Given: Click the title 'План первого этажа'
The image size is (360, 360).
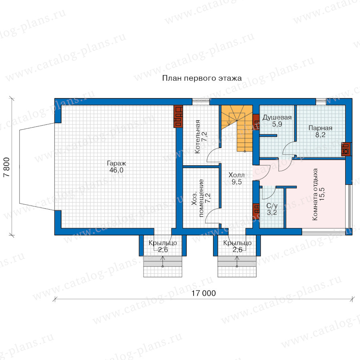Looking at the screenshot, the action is (202, 78).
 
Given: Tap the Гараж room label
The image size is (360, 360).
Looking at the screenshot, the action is (116, 164).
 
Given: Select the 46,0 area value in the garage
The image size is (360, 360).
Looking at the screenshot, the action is (116, 170).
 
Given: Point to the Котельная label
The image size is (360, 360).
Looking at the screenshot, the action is (197, 137).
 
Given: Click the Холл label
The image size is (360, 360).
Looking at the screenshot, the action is (236, 175).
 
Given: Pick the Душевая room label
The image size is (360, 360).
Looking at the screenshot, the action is (277, 118).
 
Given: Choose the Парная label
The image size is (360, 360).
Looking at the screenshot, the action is (320, 128).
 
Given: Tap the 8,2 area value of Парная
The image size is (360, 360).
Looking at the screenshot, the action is (320, 135).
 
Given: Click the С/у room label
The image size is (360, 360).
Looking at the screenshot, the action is (272, 206).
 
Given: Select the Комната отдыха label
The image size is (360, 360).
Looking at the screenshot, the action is (315, 194).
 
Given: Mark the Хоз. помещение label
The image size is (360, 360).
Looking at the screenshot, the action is (198, 198).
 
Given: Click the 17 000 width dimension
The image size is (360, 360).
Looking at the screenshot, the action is (204, 294).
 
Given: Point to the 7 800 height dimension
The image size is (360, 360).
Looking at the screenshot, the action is (7, 167).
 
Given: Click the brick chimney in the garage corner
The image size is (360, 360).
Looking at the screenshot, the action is (178, 116).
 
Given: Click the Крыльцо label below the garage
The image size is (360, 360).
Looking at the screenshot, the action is (163, 243).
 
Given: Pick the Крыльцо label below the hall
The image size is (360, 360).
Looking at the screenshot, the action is (237, 243).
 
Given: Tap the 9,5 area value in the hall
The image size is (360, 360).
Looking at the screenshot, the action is (236, 182).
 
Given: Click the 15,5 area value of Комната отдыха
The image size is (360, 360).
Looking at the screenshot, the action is (322, 194).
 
